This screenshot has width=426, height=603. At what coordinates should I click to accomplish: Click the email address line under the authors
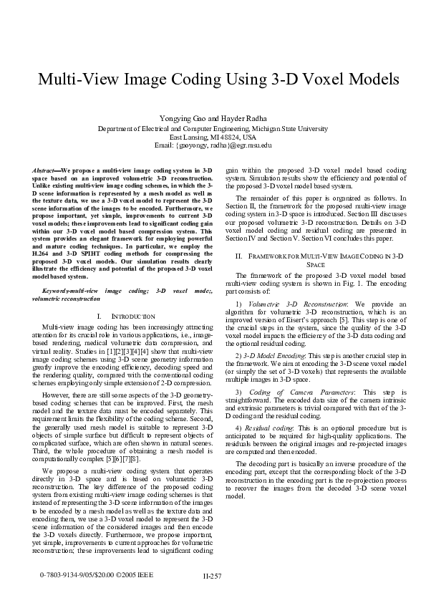click(213, 145)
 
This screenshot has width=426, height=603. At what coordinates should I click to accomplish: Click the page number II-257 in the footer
click(213, 576)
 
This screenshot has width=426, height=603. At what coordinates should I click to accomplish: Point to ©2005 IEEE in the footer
click(136, 574)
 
